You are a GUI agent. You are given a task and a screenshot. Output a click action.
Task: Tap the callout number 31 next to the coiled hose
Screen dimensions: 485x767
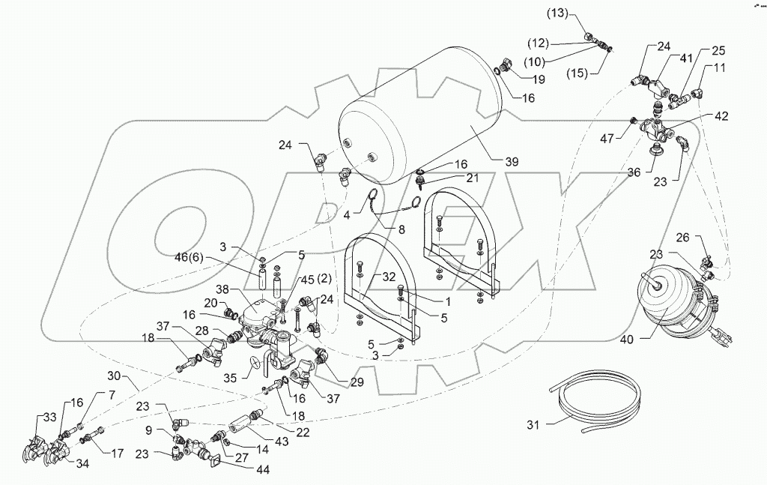click(x=533, y=426)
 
